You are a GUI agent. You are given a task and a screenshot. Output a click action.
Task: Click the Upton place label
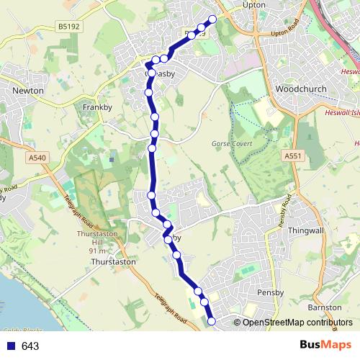255,4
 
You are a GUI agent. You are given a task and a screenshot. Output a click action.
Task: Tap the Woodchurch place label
301,89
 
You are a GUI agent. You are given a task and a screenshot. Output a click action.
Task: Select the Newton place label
28,91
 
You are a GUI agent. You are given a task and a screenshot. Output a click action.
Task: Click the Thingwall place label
307,232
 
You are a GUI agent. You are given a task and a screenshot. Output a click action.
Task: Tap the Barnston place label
325,307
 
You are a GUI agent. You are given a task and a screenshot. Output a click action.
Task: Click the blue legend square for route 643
10,346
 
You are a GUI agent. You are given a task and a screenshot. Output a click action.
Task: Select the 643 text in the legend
30,346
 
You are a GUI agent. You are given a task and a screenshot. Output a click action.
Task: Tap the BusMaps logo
320,345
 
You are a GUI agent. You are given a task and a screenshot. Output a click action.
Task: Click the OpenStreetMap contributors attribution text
297,322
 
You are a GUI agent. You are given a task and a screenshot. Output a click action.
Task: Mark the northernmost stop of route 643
212,19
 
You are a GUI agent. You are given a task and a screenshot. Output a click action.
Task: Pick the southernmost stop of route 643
212,321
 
